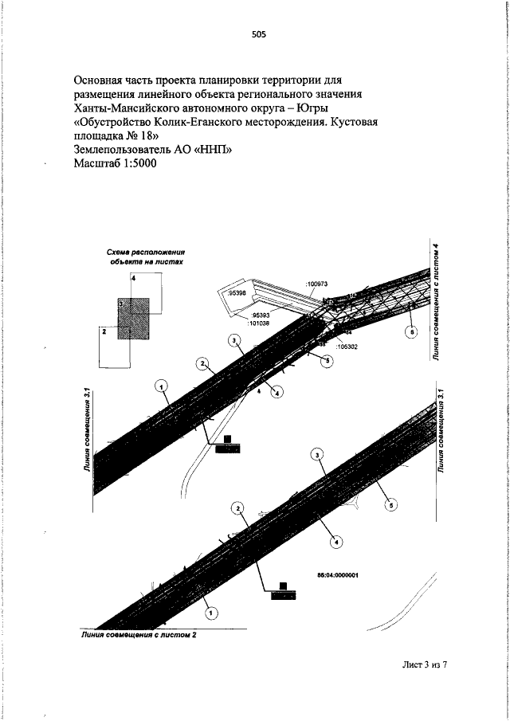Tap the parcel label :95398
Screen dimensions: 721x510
[237, 294]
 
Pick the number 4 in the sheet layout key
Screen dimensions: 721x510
[135, 278]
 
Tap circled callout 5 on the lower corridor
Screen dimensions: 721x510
[390, 504]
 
